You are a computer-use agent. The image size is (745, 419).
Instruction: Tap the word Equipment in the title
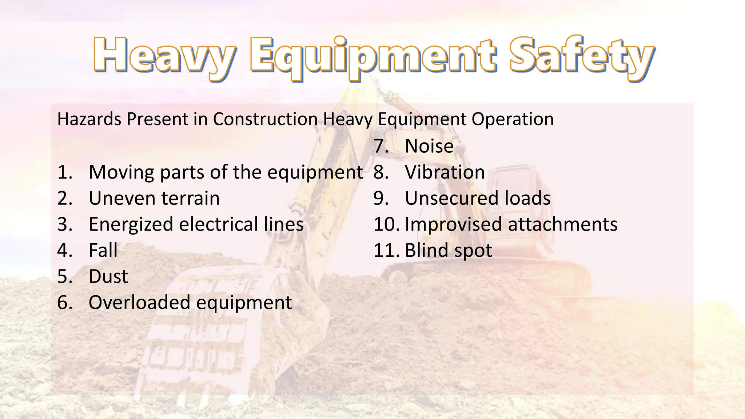[x=372, y=57]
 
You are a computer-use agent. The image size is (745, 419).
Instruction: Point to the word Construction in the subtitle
[x=265, y=119]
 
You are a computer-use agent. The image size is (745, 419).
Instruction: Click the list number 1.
[x=64, y=172]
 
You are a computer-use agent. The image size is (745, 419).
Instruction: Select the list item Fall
[x=103, y=251]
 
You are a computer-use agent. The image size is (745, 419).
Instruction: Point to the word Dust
[x=108, y=277]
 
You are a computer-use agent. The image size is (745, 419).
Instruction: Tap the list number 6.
[x=64, y=303]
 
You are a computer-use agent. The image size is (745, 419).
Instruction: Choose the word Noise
[x=429, y=146]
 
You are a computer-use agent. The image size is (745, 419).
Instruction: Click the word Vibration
[x=445, y=172]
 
